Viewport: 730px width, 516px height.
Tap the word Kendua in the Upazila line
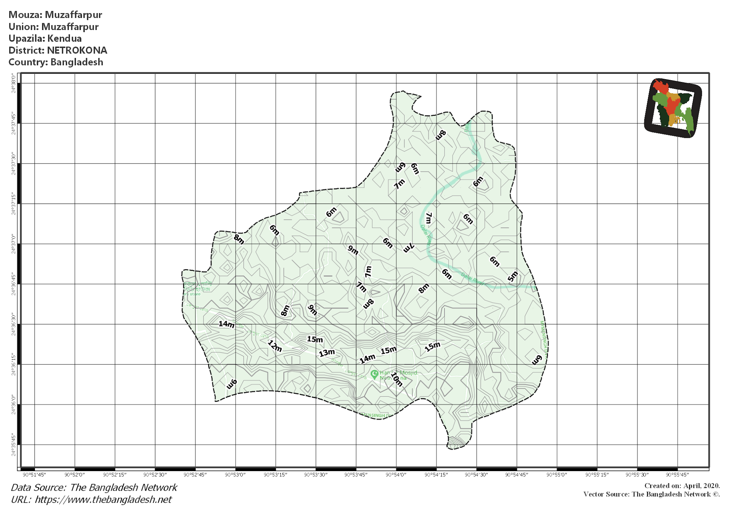65,38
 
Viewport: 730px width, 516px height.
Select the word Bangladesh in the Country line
77,62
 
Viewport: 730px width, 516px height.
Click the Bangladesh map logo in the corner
673,108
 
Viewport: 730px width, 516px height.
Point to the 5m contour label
513,276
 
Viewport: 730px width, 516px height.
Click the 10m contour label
397,379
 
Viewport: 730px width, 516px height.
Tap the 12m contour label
275,346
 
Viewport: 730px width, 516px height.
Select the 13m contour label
327,353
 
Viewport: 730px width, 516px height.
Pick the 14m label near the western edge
226,324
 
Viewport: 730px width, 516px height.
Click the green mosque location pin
374,374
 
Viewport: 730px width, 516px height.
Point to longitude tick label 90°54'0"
396,475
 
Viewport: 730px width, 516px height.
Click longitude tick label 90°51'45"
34,475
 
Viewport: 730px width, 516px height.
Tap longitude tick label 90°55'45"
677,475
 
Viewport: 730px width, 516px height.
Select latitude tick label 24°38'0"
14,83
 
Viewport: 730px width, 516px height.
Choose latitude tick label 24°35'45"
14,445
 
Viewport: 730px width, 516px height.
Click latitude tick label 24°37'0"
14,244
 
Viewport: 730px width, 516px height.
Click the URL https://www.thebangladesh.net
103,500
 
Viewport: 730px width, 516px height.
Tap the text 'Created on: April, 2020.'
682,486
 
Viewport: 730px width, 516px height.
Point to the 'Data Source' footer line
94,487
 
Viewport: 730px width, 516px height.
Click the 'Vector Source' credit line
651,494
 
